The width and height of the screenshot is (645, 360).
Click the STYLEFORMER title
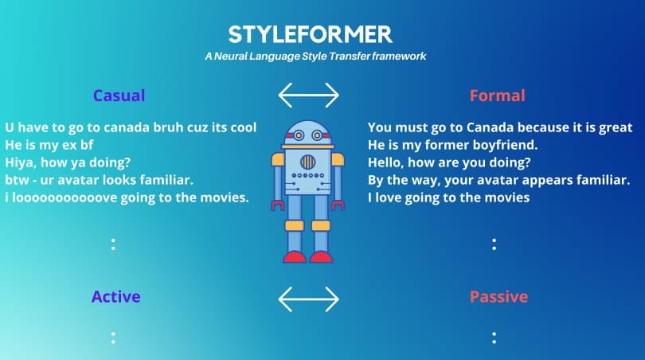pyautogui.click(x=311, y=34)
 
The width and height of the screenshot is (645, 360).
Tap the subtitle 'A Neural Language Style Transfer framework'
pyautogui.click(x=315, y=56)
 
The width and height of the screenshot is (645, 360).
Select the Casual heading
pyautogui.click(x=119, y=96)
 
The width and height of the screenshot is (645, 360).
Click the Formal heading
pyautogui.click(x=498, y=96)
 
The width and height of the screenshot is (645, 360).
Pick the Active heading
pyautogui.click(x=116, y=296)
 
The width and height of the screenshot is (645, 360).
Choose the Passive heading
pyautogui.click(x=498, y=296)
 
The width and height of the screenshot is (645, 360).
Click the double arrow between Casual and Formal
pyautogui.click(x=308, y=95)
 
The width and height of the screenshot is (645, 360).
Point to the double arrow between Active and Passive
pyautogui.click(x=308, y=299)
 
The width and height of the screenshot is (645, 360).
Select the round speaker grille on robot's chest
pyautogui.click(x=307, y=162)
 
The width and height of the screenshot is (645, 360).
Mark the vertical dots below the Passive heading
pyautogui.click(x=494, y=338)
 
